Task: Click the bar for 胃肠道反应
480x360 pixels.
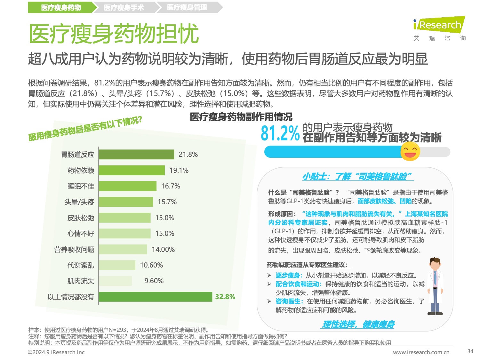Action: click(x=136, y=155)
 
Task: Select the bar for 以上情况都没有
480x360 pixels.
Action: click(x=156, y=297)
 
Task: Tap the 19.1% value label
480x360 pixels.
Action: click(x=179, y=170)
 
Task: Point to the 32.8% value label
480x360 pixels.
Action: click(x=225, y=297)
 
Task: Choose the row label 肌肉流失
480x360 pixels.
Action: click(x=81, y=281)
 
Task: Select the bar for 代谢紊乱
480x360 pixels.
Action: click(x=117, y=265)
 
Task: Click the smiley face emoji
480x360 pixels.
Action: click(x=410, y=151)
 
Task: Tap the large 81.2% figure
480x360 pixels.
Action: click(x=280, y=133)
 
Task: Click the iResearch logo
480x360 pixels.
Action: click(x=439, y=25)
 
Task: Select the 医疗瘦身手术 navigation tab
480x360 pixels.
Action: click(x=124, y=7)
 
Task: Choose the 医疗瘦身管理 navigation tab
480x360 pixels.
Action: click(x=187, y=7)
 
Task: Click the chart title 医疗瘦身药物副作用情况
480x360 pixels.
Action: click(x=241, y=117)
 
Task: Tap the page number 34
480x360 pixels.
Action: click(x=470, y=351)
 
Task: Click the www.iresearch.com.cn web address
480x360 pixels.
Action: click(x=421, y=352)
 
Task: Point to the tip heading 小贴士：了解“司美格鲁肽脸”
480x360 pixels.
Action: click(x=357, y=176)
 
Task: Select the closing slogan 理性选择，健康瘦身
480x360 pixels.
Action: click(x=358, y=324)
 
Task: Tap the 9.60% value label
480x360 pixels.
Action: click(x=154, y=281)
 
